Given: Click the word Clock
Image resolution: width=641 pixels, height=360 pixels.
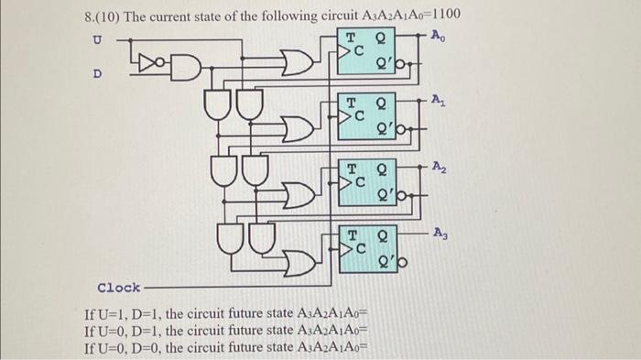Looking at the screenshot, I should pos(118,287).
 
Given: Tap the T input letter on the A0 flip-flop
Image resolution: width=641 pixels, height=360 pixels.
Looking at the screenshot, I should pos(351,38).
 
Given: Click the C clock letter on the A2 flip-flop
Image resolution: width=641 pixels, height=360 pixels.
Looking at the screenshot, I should pos(361,182).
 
